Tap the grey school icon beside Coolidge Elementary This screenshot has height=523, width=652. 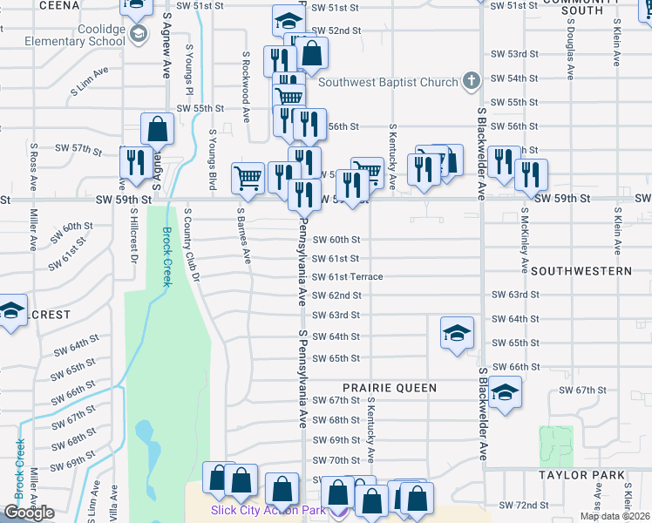click(138, 34)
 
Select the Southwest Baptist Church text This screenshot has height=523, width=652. click(388, 83)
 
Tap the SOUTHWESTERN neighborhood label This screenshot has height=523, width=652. click(581, 271)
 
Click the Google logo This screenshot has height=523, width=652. click(29, 513)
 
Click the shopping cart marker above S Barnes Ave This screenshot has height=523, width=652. click(248, 177)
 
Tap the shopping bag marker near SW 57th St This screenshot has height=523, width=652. click(157, 129)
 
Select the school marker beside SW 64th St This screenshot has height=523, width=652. click(456, 333)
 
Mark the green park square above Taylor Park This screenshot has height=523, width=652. click(556, 445)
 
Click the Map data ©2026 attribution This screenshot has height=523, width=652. click(615, 516)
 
